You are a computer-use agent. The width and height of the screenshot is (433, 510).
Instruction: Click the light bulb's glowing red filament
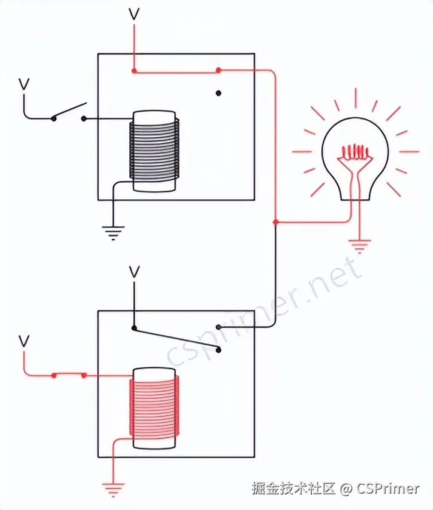[x=354, y=151]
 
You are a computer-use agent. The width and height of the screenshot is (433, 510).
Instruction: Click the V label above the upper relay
[x=134, y=14]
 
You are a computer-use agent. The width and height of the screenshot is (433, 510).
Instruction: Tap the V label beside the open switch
[x=24, y=84]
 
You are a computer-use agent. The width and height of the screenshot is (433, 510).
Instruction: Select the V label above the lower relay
[x=134, y=271]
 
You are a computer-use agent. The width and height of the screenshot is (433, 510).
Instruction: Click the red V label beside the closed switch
[x=24, y=341]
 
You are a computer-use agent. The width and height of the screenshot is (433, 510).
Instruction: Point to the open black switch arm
[x=69, y=111]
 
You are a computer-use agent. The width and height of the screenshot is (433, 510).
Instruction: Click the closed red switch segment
[x=69, y=375]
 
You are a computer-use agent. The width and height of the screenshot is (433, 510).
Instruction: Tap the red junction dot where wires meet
[x=276, y=222]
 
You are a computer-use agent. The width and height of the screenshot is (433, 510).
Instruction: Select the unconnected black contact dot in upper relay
[x=218, y=93]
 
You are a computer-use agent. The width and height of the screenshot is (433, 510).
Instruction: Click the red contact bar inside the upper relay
[x=176, y=71]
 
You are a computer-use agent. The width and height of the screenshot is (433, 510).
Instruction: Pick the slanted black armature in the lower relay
[x=176, y=339]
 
